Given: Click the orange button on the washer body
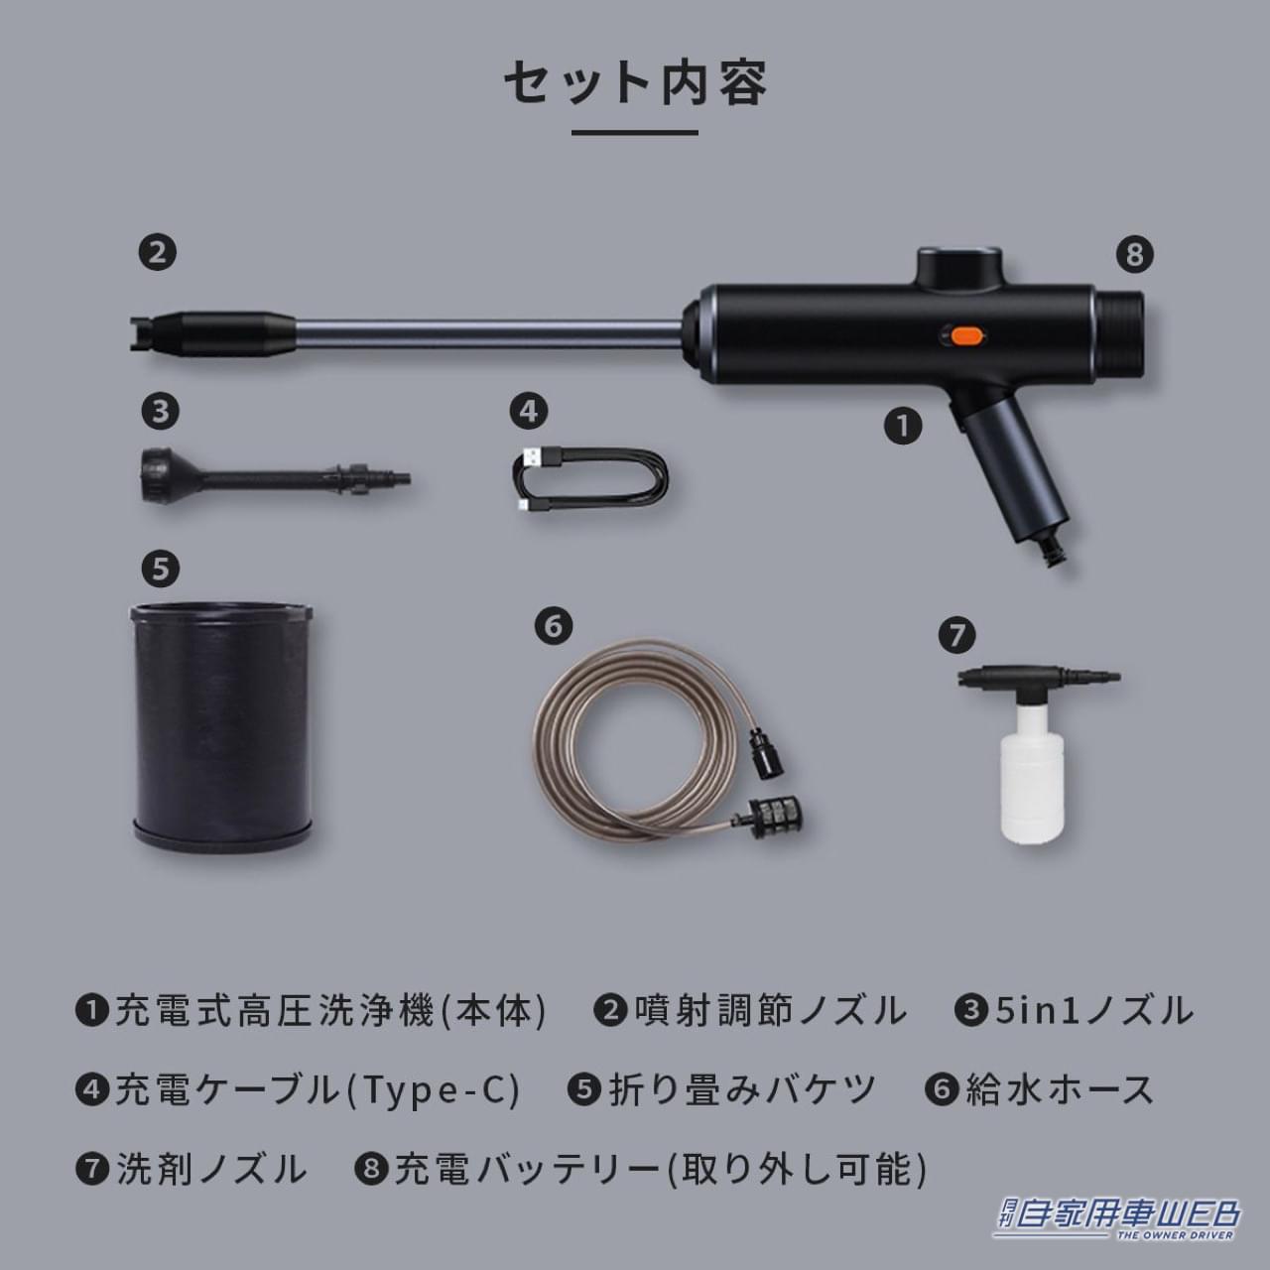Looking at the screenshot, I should (x=961, y=336).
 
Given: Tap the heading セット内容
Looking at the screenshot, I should (x=635, y=83).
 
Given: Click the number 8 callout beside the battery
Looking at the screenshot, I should (x=1135, y=254).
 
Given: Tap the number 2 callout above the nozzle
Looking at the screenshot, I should (x=158, y=252).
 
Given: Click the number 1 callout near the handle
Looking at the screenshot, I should (x=903, y=426).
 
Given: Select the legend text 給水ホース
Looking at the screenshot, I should (x=1060, y=1089).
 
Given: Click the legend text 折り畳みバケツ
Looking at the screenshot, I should (x=742, y=1089).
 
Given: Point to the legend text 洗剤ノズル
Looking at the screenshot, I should (x=211, y=1169).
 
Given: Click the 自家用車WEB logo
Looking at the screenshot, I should (x=1115, y=1217).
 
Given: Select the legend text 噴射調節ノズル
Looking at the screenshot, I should (x=769, y=1011).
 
